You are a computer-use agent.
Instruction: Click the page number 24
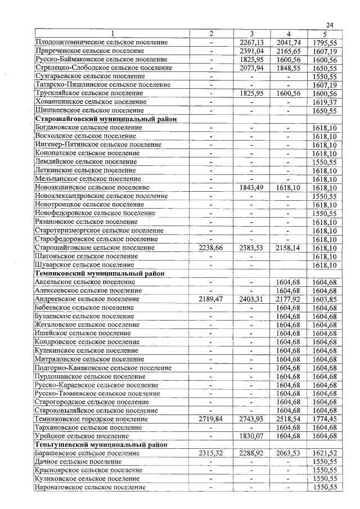pos(330,25)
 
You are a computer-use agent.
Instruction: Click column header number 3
pos(251,34)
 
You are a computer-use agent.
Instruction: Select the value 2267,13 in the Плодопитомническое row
pos(251,42)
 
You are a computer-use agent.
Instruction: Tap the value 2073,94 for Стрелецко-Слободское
pos(251,67)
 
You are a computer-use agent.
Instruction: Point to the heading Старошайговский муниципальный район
pos(106,119)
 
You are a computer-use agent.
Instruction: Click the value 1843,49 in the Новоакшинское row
pos(251,188)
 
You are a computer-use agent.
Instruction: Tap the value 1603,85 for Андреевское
pos(325,299)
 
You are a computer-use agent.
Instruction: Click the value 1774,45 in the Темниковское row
pos(325,419)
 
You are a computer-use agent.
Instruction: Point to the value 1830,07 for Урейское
pos(251,436)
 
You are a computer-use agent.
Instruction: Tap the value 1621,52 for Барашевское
pos(325,453)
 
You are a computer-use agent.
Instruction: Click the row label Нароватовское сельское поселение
pos(91,487)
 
